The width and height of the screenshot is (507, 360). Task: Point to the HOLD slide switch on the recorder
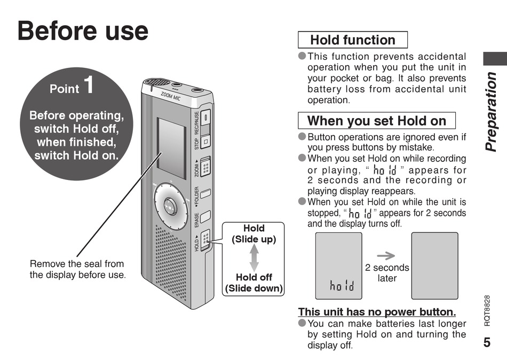[x=206, y=239]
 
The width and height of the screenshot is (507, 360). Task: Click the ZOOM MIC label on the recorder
[x=171, y=97]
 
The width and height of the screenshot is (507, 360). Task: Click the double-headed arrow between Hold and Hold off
[x=254, y=258]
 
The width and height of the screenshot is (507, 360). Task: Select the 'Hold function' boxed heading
[x=352, y=40]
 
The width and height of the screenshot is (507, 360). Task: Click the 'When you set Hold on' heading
[x=376, y=121]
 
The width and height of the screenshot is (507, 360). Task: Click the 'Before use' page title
[x=83, y=30]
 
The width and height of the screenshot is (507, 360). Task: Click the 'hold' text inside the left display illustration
[x=342, y=287]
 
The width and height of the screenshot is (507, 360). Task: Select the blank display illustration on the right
[x=434, y=265]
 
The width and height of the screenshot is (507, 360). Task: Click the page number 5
[x=487, y=342]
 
